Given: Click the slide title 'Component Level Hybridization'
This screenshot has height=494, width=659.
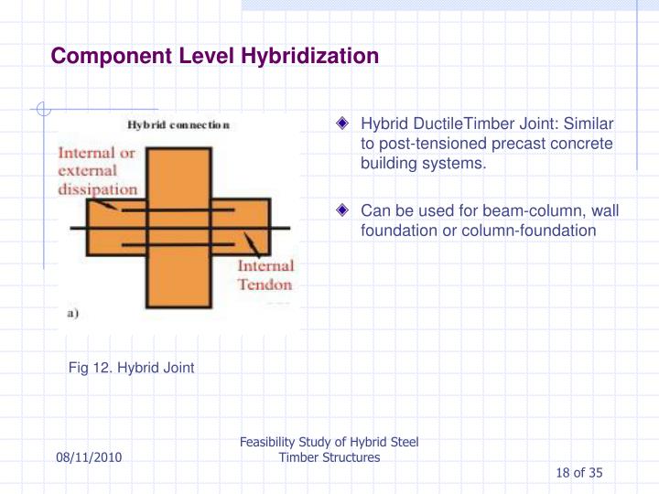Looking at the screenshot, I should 214,57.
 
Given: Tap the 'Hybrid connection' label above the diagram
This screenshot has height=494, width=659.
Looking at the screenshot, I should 178,125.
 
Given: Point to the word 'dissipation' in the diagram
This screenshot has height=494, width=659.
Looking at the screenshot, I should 98,189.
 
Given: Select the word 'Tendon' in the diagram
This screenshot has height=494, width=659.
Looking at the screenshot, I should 265,285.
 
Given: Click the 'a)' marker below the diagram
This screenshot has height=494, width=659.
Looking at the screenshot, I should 73,313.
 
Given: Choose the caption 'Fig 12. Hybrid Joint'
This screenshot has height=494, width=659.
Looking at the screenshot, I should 132,368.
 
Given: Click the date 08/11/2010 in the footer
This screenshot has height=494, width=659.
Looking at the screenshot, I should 88,456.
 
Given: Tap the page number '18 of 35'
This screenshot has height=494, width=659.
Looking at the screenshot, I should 578,472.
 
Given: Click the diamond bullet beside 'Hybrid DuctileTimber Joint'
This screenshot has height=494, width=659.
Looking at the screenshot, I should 342,123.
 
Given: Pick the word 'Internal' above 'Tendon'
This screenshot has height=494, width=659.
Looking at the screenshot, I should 265,266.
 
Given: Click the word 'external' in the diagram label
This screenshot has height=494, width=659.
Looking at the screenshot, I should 88,171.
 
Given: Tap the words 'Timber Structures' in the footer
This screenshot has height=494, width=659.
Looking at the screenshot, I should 329,456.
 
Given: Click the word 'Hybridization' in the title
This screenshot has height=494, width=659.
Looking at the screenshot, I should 309,57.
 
